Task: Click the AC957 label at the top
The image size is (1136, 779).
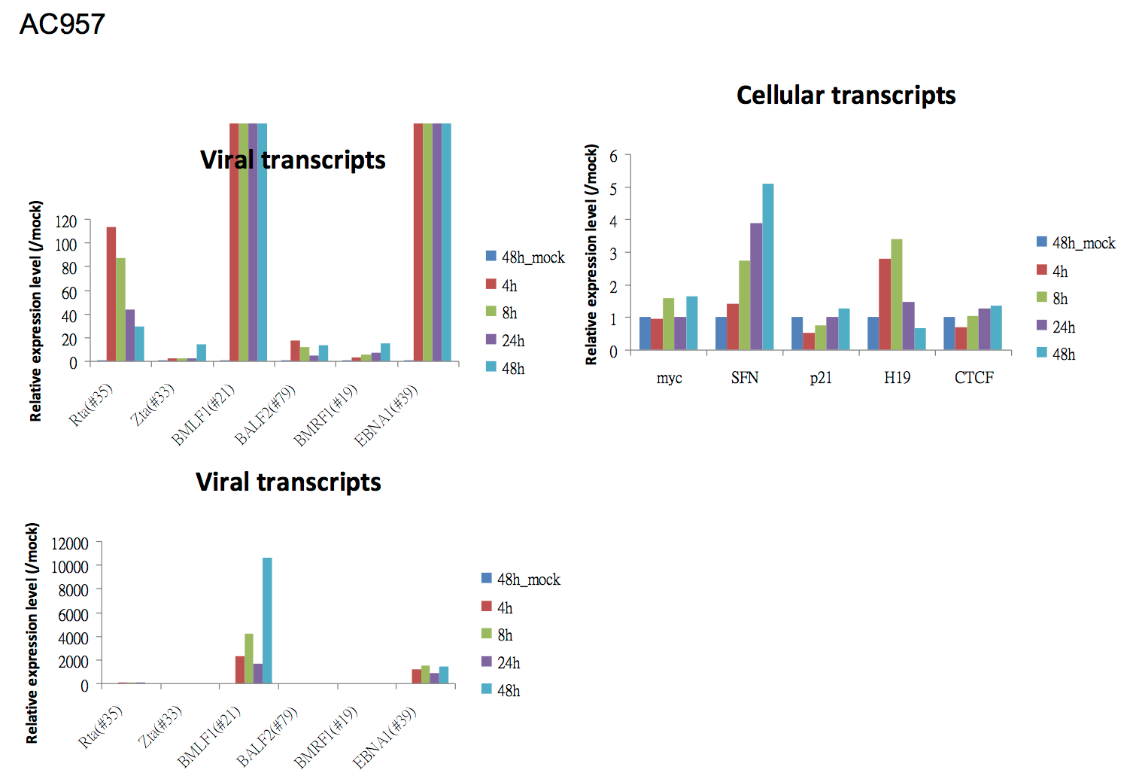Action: [62, 24]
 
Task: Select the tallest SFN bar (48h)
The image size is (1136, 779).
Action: [767, 266]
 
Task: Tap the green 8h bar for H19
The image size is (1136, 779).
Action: [896, 294]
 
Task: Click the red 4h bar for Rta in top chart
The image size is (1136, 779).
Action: [111, 294]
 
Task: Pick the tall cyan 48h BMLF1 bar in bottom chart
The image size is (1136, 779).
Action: [267, 620]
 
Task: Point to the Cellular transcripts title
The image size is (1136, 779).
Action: [846, 96]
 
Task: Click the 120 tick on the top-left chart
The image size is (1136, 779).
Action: [66, 221]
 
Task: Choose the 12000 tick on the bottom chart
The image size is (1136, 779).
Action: [70, 543]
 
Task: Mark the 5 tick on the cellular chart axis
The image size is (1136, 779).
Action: [613, 188]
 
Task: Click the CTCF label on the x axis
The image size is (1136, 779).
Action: [973, 378]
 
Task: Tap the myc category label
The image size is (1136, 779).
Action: [669, 378]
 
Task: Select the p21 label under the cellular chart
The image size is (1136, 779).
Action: [821, 378]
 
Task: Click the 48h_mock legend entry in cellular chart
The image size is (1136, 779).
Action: [1076, 243]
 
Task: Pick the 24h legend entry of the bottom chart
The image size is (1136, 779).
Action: [501, 663]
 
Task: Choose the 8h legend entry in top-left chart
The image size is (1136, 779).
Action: [502, 313]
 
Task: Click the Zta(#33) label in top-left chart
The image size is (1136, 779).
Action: [153, 404]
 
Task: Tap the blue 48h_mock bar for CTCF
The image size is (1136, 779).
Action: [949, 333]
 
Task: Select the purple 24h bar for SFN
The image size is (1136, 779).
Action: [755, 286]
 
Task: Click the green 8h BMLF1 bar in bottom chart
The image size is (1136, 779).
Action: [249, 659]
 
